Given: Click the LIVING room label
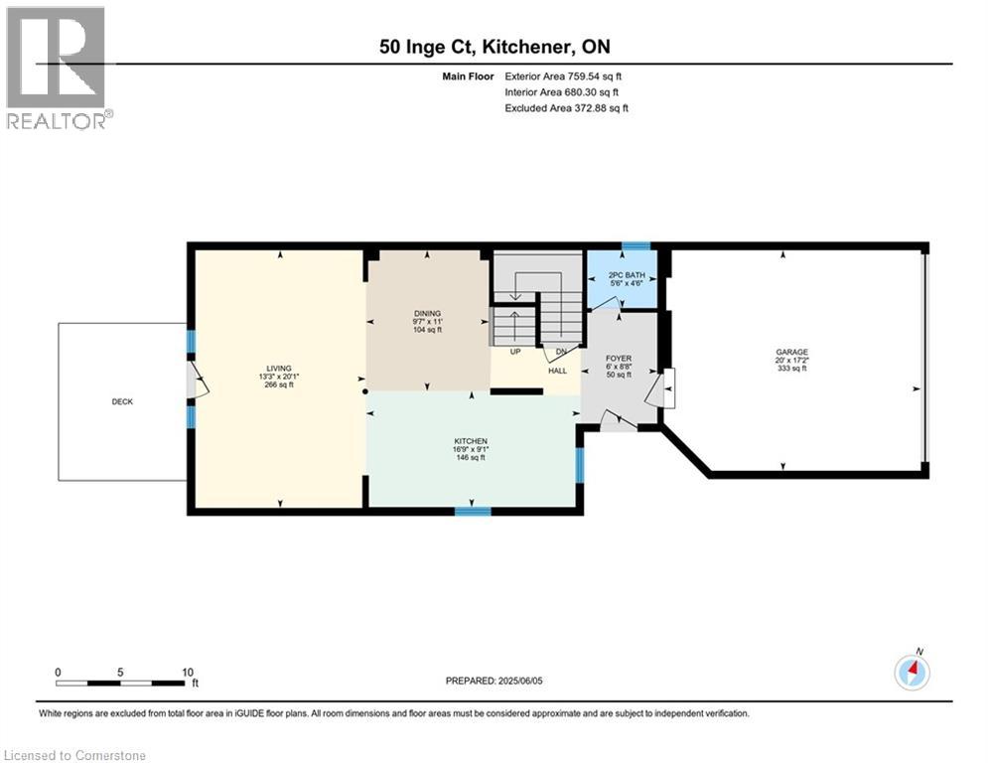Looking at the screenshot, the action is (278, 369).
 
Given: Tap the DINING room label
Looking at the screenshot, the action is (427, 313).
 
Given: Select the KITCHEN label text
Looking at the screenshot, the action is (471, 441).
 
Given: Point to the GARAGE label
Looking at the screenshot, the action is (792, 352).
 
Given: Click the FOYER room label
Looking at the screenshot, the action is (619, 359).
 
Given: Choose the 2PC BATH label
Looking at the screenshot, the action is (627, 275).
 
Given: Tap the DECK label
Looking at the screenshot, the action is (122, 401).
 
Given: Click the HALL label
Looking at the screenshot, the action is (558, 371).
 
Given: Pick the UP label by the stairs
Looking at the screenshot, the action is (515, 352).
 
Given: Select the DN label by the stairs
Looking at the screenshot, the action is (561, 352).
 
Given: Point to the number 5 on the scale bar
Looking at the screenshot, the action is (120, 673).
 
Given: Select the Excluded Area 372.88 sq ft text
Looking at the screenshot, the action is (566, 108).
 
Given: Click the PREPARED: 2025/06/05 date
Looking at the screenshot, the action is (494, 681).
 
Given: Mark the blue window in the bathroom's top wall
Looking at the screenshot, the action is (636, 246).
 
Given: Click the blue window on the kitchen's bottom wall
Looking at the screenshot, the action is (473, 512).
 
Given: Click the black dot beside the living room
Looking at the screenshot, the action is (365, 391).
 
